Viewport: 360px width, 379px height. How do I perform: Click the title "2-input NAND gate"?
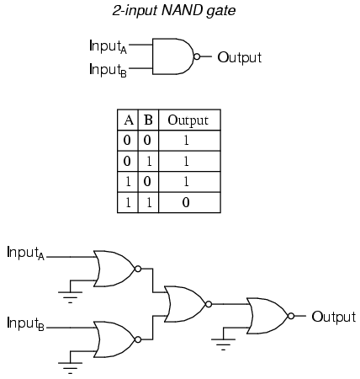pyautogui.click(x=174, y=11)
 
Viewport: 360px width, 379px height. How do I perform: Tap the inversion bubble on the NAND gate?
pyautogui.click(x=197, y=56)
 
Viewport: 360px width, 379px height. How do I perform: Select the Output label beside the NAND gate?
pyautogui.click(x=239, y=58)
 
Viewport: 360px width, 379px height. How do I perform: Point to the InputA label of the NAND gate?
pyautogui.click(x=108, y=46)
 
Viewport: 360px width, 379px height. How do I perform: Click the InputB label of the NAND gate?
pyautogui.click(x=108, y=70)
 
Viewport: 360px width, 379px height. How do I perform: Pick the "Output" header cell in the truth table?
pyautogui.click(x=188, y=120)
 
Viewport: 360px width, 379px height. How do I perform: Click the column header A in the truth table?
pyautogui.click(x=129, y=120)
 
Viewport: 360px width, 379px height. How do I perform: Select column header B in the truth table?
pyautogui.click(x=148, y=120)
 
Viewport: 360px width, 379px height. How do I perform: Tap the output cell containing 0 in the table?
pyautogui.click(x=186, y=202)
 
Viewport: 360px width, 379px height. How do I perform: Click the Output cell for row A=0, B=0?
pyautogui.click(x=186, y=140)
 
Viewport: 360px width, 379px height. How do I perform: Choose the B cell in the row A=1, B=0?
pyautogui.click(x=147, y=181)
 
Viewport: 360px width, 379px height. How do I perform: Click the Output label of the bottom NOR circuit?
pyautogui.click(x=334, y=318)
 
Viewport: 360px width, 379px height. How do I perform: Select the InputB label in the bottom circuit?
pyautogui.click(x=25, y=323)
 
